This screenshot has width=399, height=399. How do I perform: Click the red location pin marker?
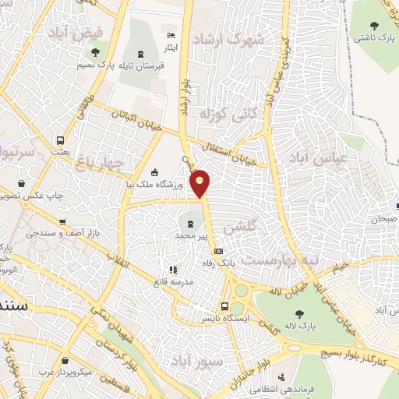tap(201, 182)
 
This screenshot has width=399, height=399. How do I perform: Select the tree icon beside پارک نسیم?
tap(95, 53)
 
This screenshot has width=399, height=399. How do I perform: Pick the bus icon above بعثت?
tap(60, 141)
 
